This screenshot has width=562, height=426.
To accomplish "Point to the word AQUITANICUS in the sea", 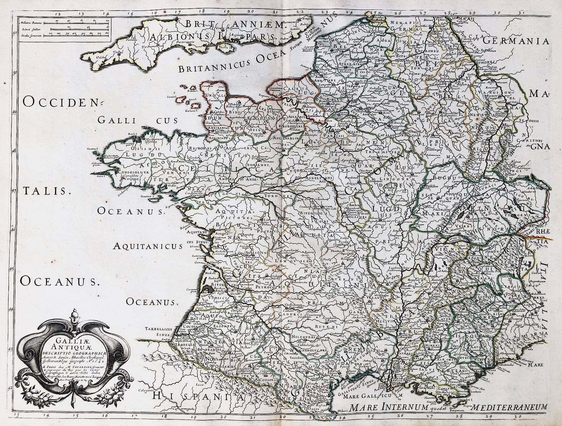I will (x=148, y=246).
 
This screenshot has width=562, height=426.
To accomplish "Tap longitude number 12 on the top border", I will (x=58, y=13).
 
